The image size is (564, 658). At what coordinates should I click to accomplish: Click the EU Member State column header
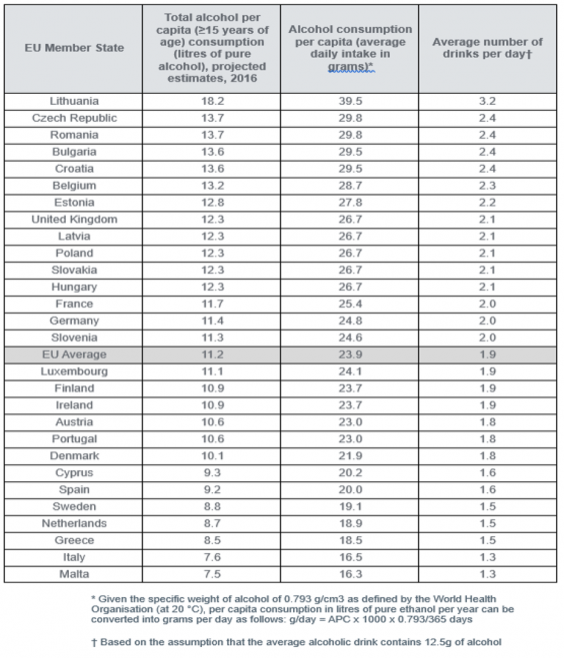74,48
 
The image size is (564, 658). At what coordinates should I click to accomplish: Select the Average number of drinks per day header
488,48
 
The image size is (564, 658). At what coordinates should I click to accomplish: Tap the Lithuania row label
74,101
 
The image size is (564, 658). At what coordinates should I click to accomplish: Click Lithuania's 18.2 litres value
212,101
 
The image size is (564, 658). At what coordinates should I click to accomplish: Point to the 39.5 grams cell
350,101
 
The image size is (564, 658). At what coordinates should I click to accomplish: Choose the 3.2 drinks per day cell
488,101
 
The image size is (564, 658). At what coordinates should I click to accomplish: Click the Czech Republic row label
74,118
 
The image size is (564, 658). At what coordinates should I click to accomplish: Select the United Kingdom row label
74,220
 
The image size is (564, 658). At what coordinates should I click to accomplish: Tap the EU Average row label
74,354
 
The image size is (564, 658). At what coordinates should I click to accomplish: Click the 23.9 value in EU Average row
350,354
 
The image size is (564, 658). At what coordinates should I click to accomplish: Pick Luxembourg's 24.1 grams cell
350,371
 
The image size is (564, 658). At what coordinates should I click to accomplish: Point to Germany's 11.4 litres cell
212,321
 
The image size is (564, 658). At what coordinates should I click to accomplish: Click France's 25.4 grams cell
350,304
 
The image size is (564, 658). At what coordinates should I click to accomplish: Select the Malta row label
74,574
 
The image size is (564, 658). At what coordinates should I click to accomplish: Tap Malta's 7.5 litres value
212,574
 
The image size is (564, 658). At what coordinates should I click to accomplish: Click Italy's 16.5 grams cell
350,557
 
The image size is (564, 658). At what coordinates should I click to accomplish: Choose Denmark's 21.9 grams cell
350,455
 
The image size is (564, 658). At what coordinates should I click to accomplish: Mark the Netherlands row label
74,523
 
